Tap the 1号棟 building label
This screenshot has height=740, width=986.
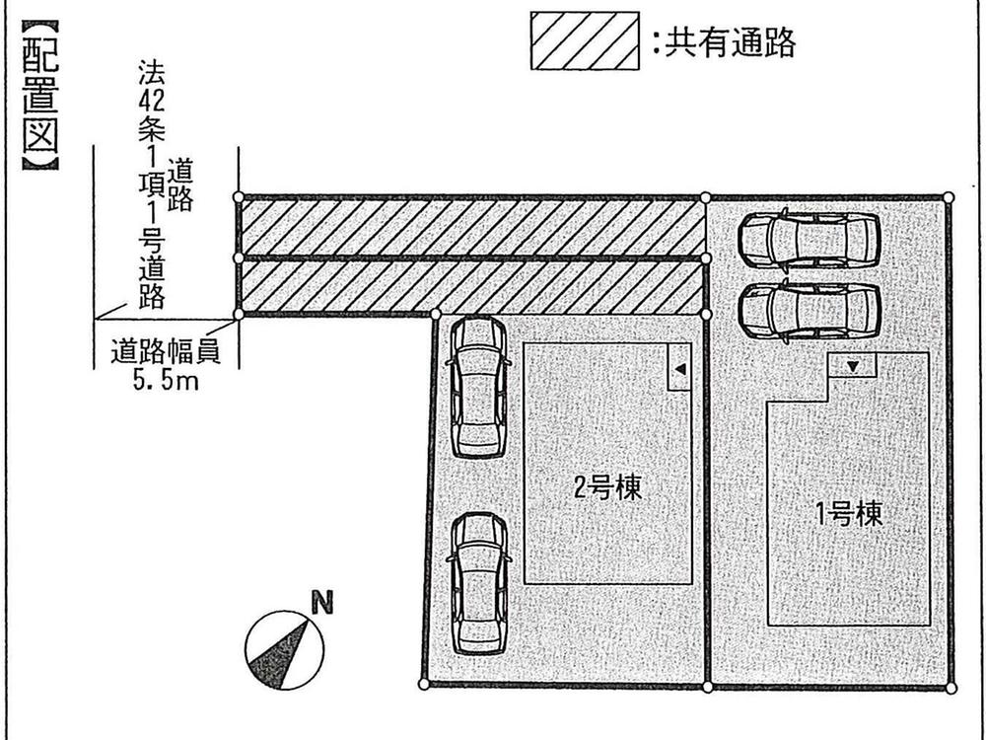pyautogui.click(x=848, y=513)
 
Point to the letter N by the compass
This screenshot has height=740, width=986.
pyautogui.click(x=320, y=602)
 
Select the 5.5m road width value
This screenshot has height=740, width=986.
pyautogui.click(x=165, y=379)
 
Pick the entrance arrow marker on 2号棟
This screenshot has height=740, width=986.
pyautogui.click(x=678, y=369)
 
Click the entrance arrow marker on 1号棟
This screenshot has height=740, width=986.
pyautogui.click(x=853, y=366)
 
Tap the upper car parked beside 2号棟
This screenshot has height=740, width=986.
pyautogui.click(x=479, y=387)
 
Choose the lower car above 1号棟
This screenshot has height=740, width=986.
pyautogui.click(x=809, y=310)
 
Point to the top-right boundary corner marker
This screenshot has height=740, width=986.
pyautogui.click(x=950, y=197)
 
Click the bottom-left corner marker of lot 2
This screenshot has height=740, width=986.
pyautogui.click(x=424, y=684)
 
